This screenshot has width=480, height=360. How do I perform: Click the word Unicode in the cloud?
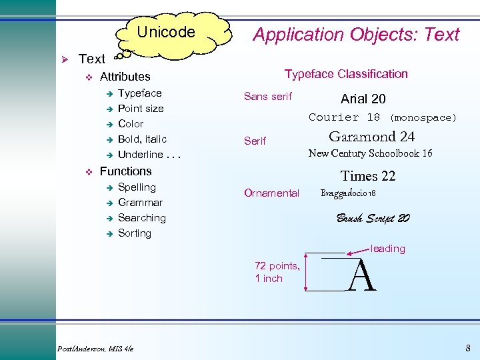(x=166, y=32)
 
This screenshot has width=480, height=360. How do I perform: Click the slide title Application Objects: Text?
(x=356, y=35)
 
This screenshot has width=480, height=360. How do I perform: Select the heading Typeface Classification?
(x=346, y=74)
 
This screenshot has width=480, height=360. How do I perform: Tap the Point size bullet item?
(x=141, y=108)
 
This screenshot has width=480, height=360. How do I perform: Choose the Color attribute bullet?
(x=131, y=123)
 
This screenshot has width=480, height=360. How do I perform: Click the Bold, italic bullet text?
(x=142, y=139)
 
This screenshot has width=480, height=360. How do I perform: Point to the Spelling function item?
(x=137, y=187)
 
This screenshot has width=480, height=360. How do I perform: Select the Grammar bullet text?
(x=140, y=202)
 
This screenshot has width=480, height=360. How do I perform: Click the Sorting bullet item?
(x=135, y=233)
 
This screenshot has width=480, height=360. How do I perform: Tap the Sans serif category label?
(x=268, y=97)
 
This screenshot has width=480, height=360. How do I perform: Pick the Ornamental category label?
(x=271, y=193)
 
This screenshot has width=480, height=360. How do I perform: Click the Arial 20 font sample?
(x=363, y=99)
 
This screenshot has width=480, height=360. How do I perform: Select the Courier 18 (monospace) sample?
(x=383, y=117)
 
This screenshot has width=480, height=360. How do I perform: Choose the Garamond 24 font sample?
(x=371, y=137)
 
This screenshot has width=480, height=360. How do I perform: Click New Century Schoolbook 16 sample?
(x=370, y=153)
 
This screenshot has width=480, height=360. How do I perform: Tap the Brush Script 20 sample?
(x=373, y=218)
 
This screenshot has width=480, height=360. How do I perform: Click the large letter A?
(x=362, y=276)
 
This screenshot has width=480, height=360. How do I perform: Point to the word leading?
(x=387, y=249)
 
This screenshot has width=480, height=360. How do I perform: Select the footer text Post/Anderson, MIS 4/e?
(x=96, y=348)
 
